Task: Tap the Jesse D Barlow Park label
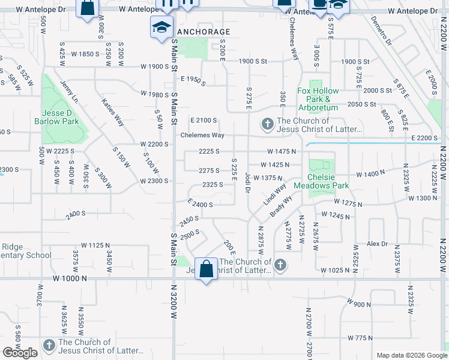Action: [61, 117]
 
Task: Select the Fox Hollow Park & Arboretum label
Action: [318, 99]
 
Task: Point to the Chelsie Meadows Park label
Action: [328, 182]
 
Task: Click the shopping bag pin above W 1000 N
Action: [206, 270]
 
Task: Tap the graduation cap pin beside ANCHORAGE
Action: [161, 28]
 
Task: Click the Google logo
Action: [20, 353]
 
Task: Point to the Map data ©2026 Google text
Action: [411, 355]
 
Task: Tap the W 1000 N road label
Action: [69, 279]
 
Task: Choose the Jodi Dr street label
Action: [247, 182]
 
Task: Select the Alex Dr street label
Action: [378, 244]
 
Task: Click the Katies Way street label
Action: [113, 112]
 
